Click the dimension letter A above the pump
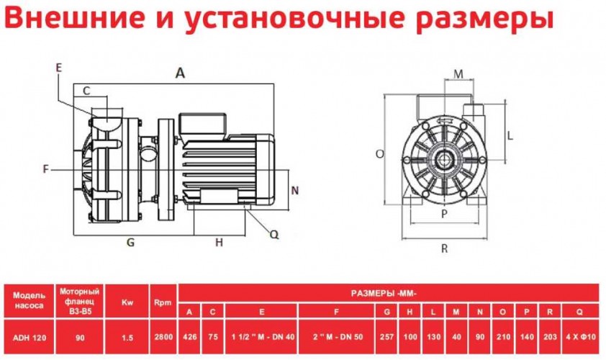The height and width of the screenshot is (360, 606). tap(180, 73)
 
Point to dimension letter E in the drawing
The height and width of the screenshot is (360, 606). tap(58, 67)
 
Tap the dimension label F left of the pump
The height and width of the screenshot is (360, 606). tap(45, 169)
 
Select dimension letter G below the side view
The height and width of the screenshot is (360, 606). tap(131, 243)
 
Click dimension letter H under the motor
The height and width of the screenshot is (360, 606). tap(220, 243)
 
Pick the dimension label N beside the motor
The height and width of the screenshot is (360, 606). tap(294, 190)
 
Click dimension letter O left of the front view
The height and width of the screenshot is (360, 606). tap(379, 153)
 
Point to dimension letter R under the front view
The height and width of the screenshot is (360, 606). tap(445, 248)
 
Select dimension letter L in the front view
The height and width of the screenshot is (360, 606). tap(509, 135)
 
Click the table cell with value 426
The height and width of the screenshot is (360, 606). tap(189, 336)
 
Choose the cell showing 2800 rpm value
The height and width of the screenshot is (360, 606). tap(162, 336)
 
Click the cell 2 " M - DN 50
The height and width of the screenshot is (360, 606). tap(338, 336)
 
